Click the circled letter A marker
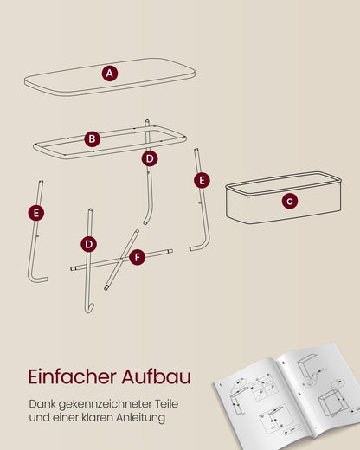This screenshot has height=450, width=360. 110,74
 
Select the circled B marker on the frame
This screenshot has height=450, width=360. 93,138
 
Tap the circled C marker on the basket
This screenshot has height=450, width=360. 290,201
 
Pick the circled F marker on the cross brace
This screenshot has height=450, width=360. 138,257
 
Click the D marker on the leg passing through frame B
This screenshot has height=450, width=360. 150,158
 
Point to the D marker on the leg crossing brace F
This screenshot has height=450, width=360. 89,244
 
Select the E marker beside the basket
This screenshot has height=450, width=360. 202,180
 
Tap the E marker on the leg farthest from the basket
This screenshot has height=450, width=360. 36,213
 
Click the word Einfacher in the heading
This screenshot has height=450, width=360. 73,376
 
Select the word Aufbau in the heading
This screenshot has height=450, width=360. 157,376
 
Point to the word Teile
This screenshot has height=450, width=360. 166,403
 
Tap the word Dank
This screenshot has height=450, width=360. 42,403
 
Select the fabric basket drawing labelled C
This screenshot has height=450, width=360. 284,197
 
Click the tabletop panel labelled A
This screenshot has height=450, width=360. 110,77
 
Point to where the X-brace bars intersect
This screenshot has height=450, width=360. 122,260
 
